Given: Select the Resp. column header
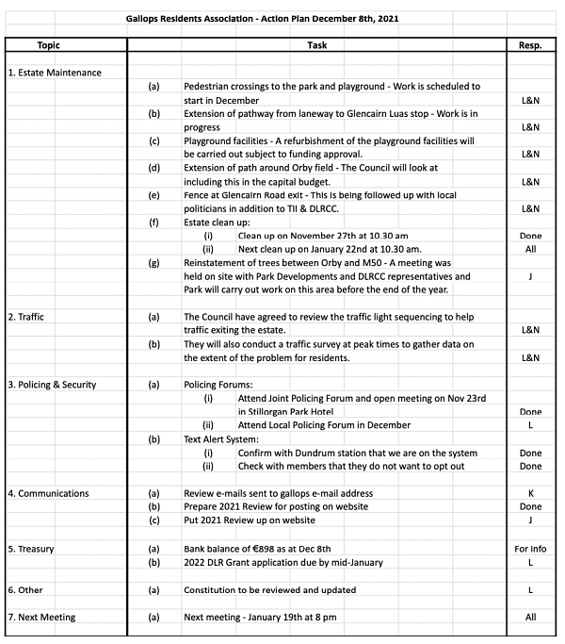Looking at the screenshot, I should (x=530, y=45).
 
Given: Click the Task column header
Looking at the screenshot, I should (x=317, y=45).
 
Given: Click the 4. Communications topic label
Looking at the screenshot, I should (x=48, y=493).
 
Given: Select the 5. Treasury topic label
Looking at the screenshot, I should (x=35, y=548).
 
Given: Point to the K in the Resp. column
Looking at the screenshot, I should (x=530, y=493).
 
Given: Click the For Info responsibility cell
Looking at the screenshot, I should (x=530, y=548).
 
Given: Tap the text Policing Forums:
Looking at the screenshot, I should (x=218, y=385).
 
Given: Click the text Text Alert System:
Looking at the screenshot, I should (x=222, y=439).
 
